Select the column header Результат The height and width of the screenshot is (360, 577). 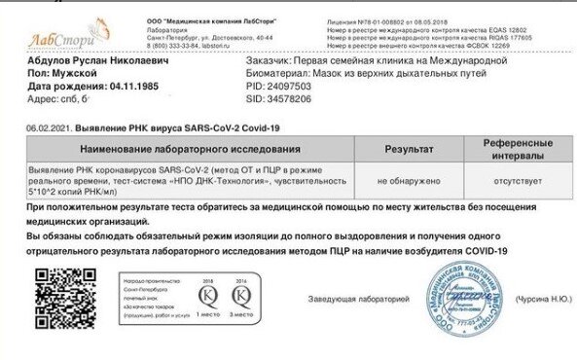(x=408, y=149)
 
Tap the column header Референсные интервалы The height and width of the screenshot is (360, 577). (x=504, y=149)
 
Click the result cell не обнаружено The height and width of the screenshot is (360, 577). (x=408, y=181)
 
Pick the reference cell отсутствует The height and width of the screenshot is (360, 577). (x=504, y=181)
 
